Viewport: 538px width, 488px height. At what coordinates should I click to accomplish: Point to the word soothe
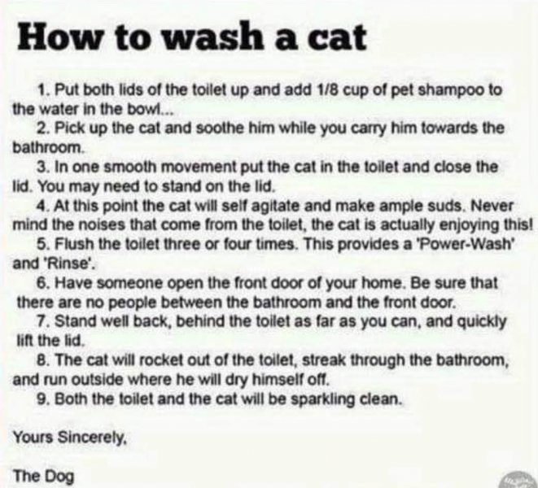point(214,129)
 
